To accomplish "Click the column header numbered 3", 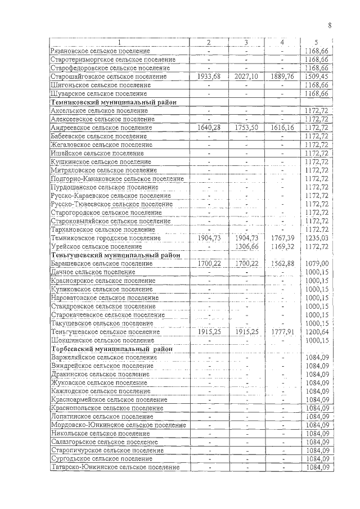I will click(x=246, y=43).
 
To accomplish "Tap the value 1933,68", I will click(x=209, y=76).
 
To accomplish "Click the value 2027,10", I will click(x=246, y=76).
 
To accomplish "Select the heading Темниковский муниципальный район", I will click(x=113, y=102).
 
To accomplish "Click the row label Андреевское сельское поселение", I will click(x=101, y=128).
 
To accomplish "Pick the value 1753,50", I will click(x=246, y=128).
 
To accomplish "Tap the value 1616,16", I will click(x=282, y=128).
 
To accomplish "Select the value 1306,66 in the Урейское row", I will click(x=246, y=246).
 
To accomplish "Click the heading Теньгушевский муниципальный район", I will click(x=115, y=255).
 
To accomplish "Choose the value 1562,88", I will click(x=282, y=263).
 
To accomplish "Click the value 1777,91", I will click(x=282, y=331).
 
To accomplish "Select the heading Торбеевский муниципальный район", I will click(x=111, y=349).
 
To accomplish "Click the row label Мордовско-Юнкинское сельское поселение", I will click(x=118, y=425).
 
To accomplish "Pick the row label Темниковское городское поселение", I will click(x=105, y=238).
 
